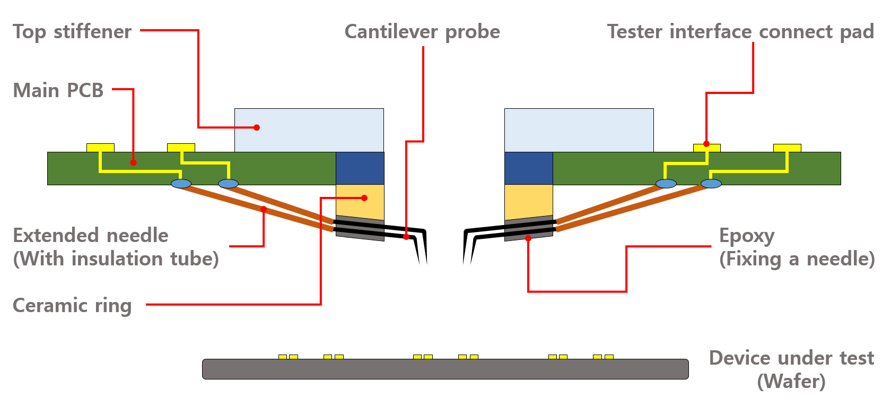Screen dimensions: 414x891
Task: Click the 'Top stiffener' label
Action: [x=72, y=32]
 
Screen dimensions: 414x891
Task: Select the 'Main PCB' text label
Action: [x=58, y=90]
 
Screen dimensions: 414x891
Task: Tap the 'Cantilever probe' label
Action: [x=422, y=32]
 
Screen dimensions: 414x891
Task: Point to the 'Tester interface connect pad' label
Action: [x=740, y=32]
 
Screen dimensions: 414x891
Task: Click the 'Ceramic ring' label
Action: [x=72, y=306]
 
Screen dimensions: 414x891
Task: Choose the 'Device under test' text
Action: [x=791, y=358]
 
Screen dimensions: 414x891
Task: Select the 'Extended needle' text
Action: [x=91, y=235]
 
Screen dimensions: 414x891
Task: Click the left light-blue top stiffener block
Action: [x=309, y=130]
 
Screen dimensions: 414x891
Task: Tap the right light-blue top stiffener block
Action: [x=579, y=130]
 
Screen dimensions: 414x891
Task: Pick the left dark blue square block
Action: [x=360, y=168]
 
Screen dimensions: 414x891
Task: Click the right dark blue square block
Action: [x=528, y=168]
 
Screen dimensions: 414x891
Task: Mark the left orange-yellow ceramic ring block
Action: [x=360, y=202]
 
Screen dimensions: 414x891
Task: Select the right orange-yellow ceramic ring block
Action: [x=528, y=202]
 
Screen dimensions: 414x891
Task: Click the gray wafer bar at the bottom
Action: [x=445, y=369]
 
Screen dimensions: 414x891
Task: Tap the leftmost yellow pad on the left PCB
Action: [x=100, y=148]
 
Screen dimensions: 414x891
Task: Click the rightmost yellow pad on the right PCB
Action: [x=787, y=148]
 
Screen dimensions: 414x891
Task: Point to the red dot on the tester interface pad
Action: [x=706, y=144]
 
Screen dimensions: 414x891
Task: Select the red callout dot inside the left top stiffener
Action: [x=257, y=127]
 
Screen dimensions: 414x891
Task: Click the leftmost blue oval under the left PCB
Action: [x=181, y=184]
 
